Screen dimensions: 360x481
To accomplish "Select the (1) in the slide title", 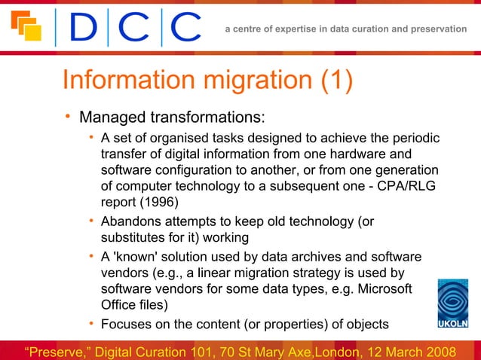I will point(335,82).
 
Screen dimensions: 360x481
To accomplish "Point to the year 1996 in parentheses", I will point(161,203).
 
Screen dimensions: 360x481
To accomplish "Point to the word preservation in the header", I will point(438,29).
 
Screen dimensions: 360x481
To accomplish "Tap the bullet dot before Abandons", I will point(90,221).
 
